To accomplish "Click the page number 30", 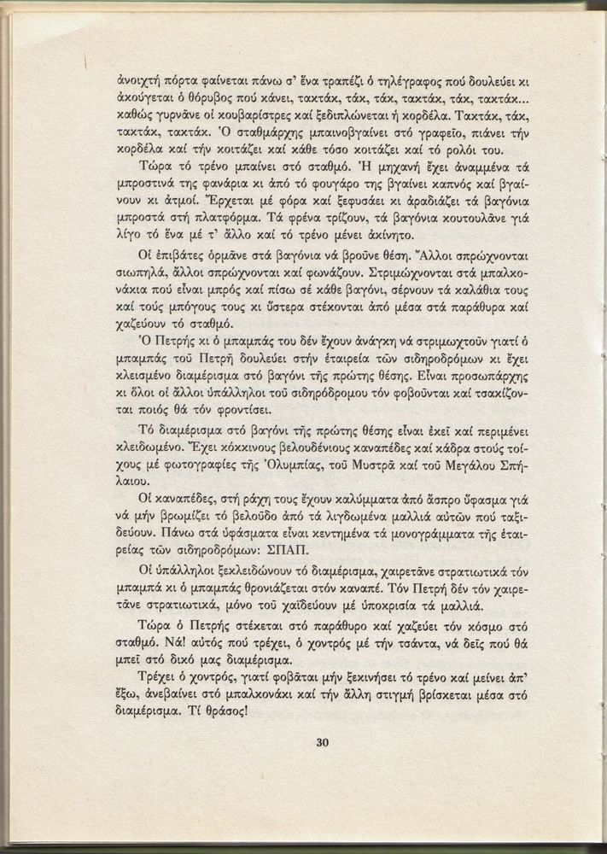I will pos(322,742).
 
